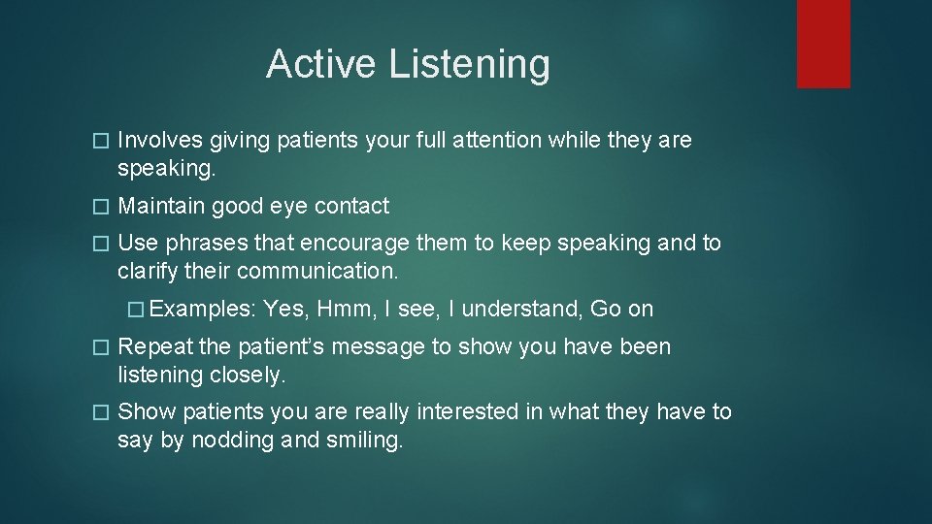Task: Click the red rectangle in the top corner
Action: [x=823, y=44]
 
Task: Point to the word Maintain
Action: [x=161, y=206]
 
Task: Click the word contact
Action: [x=350, y=206]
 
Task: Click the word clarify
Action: [x=147, y=270]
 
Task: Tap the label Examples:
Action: [x=202, y=309]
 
